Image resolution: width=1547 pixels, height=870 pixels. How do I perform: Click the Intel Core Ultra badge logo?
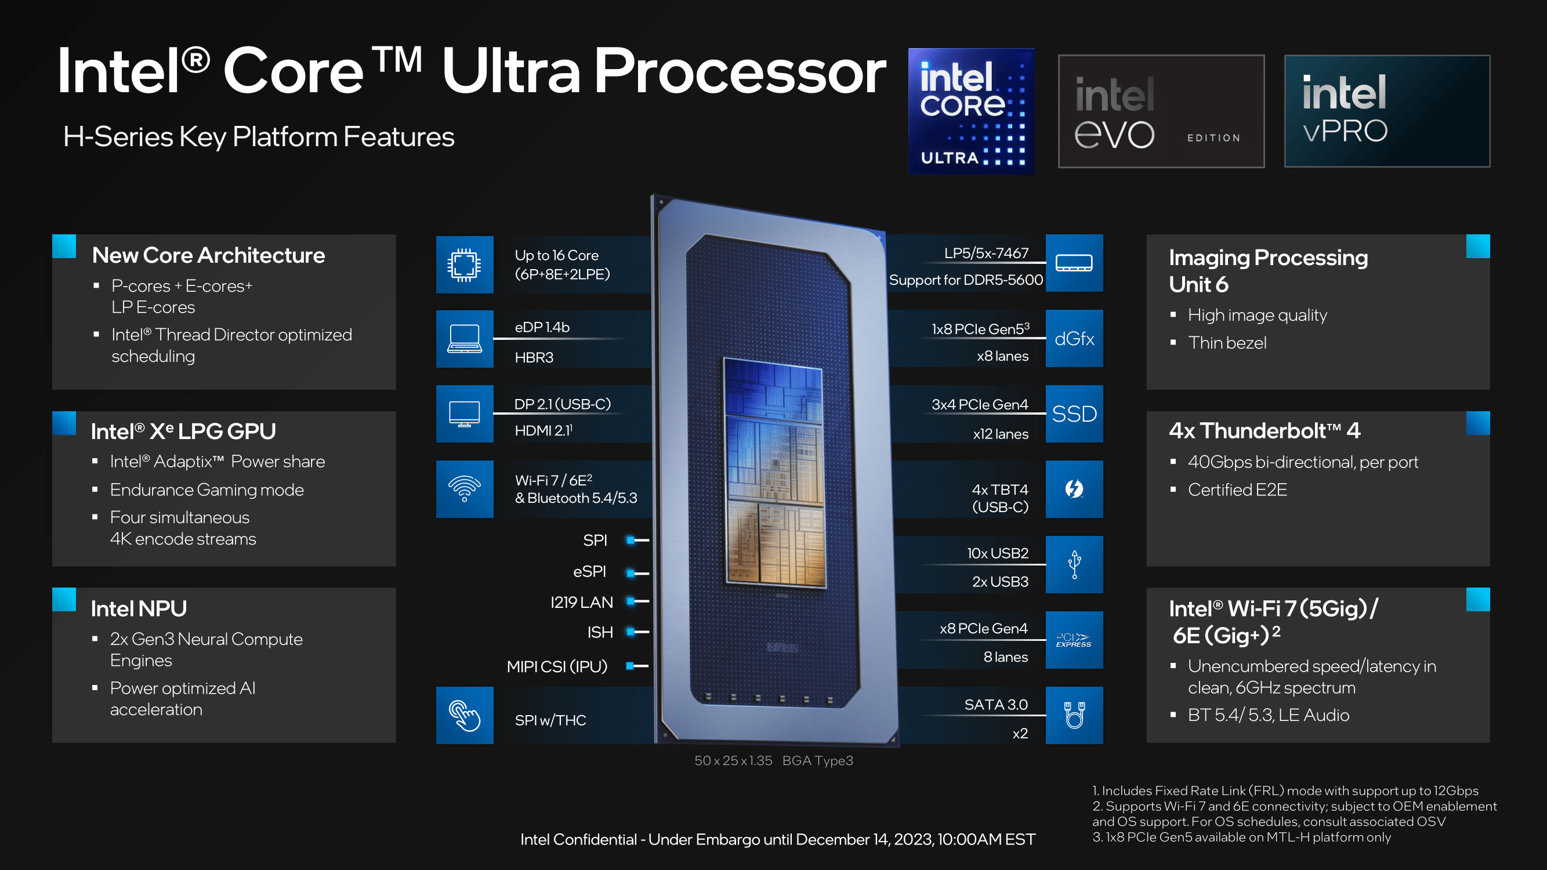pos(971,111)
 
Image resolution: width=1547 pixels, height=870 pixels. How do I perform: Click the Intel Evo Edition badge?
pos(1161,111)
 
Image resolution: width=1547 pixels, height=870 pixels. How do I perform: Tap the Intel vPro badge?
pos(1387,111)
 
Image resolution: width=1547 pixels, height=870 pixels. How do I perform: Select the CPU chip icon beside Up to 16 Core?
pos(464,264)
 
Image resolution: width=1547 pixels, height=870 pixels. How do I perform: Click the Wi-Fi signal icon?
pos(464,489)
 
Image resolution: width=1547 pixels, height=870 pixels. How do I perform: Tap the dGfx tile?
pos(1074,339)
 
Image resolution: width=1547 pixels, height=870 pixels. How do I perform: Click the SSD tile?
pos(1074,414)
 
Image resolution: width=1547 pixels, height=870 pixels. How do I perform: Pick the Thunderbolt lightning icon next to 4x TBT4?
pos(1074,489)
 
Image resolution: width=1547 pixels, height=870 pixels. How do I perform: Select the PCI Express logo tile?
pos(1074,640)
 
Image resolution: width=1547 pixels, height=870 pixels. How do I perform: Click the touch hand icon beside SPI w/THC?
pos(464,715)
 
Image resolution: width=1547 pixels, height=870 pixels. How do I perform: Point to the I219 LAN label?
pos(581,601)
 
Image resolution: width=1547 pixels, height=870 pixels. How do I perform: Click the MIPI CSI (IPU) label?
pos(557,666)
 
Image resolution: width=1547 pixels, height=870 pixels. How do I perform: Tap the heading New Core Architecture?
pos(208,255)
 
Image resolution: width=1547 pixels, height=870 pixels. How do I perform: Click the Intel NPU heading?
pos(139,608)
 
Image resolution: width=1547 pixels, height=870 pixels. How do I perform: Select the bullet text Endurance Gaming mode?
pos(206,490)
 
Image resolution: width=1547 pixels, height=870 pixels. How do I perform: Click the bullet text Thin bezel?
pos(1226,342)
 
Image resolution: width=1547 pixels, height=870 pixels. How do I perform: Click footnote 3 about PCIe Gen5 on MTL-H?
pos(1241,837)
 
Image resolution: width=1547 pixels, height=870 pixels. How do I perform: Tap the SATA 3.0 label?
pos(996,704)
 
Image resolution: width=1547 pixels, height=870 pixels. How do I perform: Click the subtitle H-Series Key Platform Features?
pos(259,137)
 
